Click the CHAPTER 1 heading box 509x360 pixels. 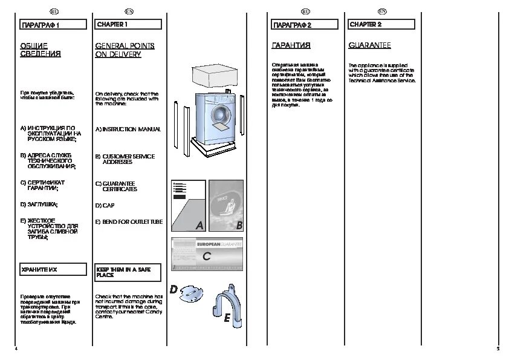coord(128,25)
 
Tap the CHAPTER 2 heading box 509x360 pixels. coord(380,25)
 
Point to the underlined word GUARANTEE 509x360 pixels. coord(369,45)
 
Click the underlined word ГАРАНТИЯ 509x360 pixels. coord(291,45)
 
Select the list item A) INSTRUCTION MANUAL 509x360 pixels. coord(128,129)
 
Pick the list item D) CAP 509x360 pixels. coord(105,206)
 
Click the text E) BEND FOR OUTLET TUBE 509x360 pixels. coord(129,222)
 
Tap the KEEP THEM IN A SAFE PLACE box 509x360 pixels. coord(128,272)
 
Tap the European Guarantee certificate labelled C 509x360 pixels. coord(207,255)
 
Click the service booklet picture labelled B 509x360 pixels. coord(226,206)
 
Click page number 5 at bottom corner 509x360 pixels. coord(498,349)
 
